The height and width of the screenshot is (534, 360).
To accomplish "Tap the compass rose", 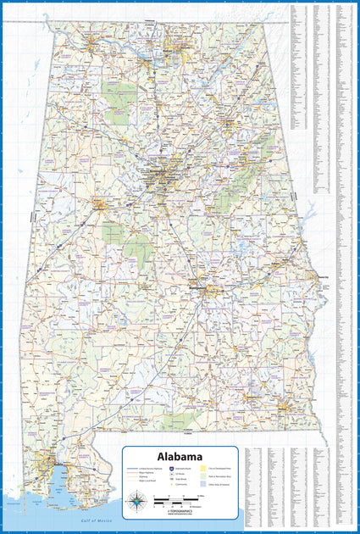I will pos(136,502).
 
